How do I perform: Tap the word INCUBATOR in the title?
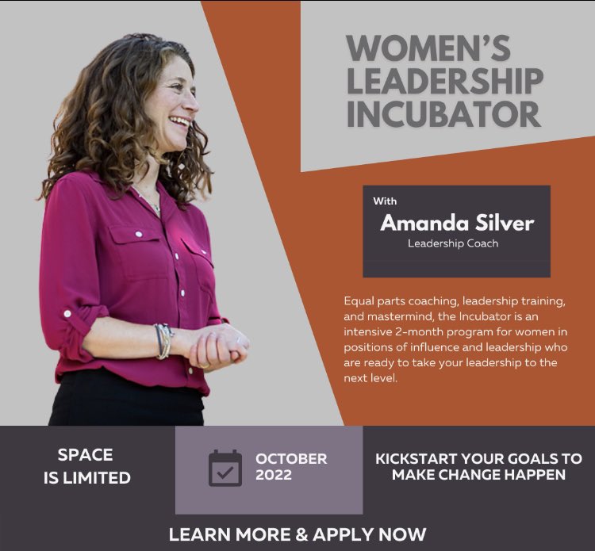point(443,113)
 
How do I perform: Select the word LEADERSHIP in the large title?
point(445,81)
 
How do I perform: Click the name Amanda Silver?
point(457,223)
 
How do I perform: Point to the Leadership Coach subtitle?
point(453,243)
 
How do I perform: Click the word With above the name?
point(386,201)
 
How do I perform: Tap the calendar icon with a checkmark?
point(225,468)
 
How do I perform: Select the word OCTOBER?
point(291,459)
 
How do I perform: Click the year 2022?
point(274,476)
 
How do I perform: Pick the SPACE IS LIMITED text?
point(86,466)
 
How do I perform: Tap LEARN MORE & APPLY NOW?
point(297,534)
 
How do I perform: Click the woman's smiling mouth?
point(181,122)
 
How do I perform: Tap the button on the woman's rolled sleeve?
point(67,314)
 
